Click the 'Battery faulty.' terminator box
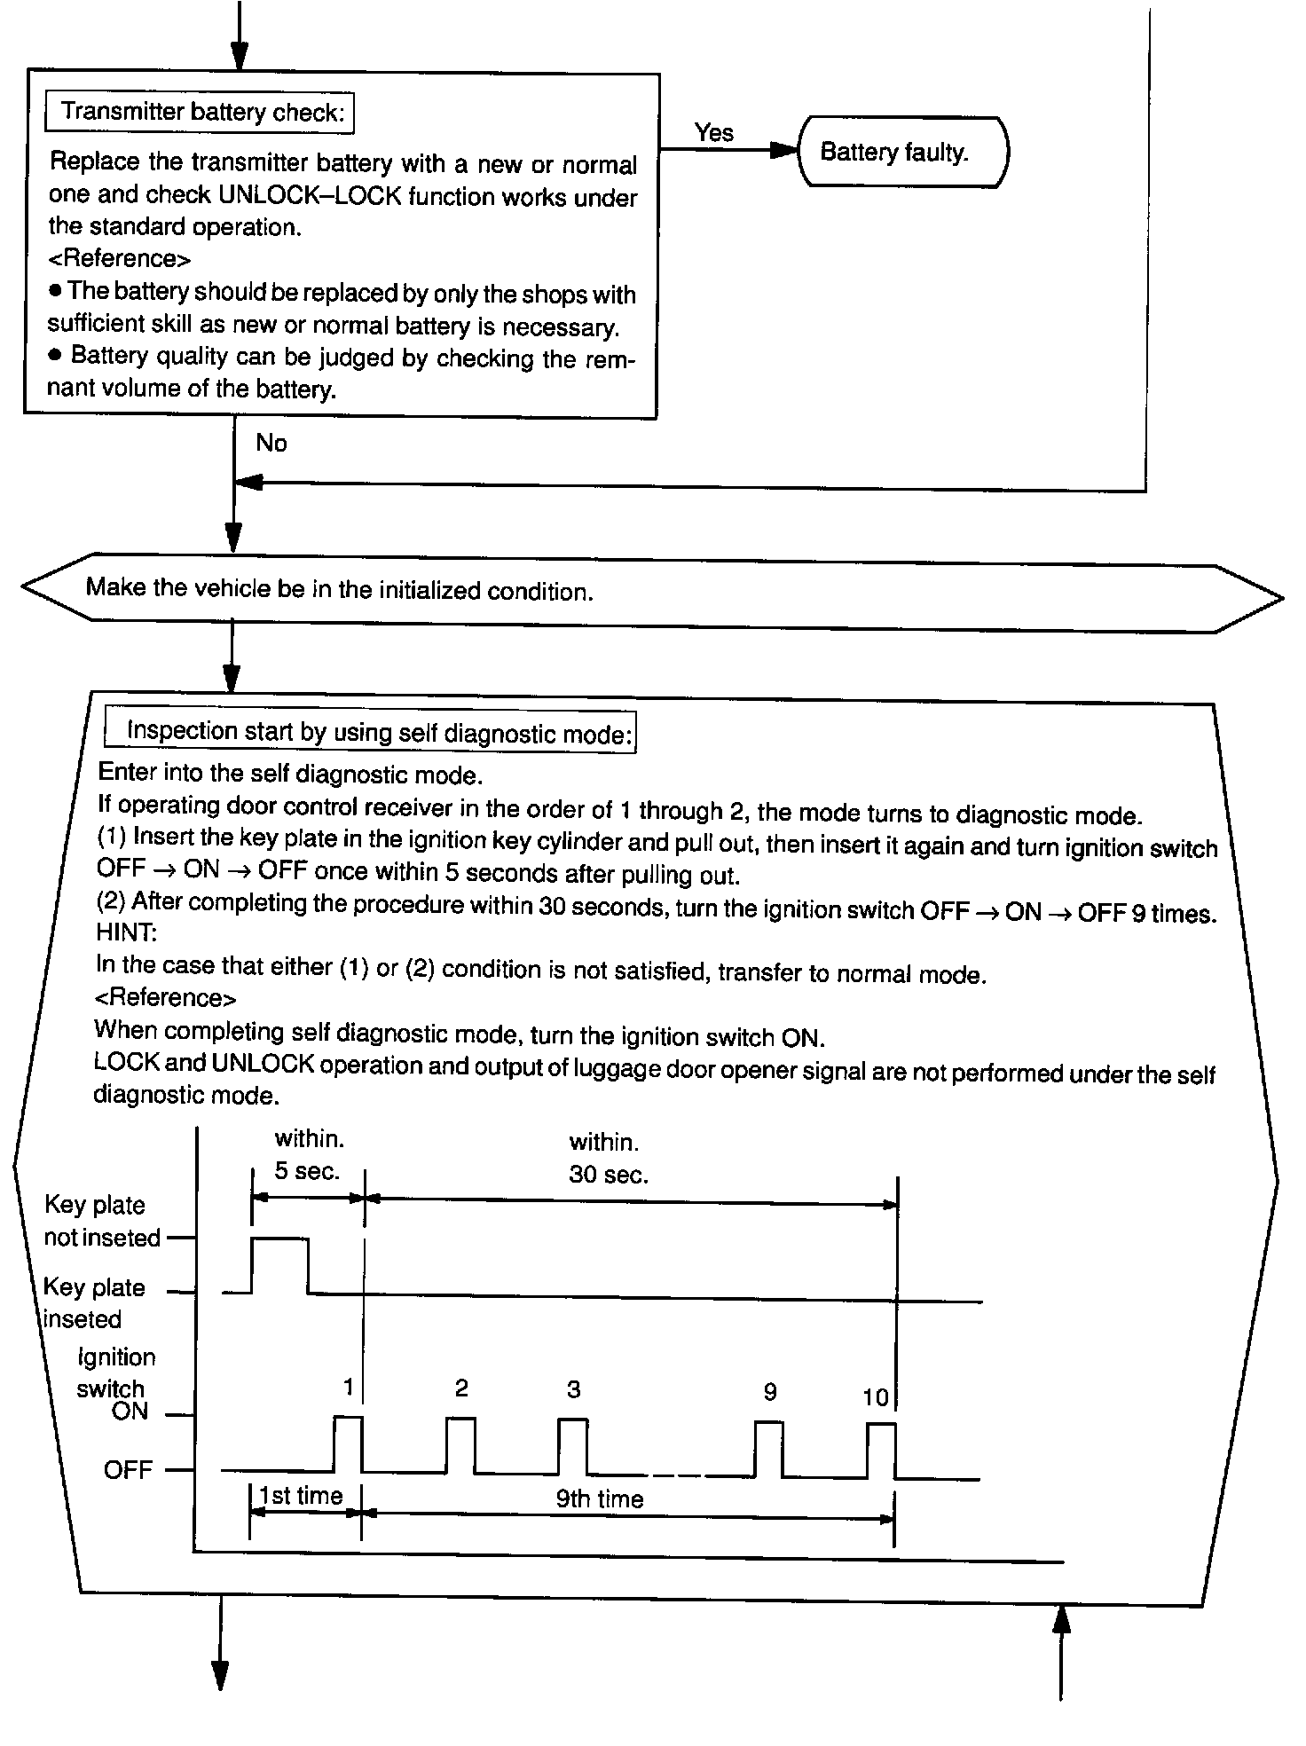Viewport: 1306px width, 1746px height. coord(903,153)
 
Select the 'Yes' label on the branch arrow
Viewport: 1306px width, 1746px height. coord(714,133)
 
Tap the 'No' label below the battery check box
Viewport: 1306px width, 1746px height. coord(271,443)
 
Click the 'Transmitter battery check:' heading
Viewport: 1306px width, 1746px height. coord(201,113)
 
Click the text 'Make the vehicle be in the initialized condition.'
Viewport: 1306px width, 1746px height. coord(339,589)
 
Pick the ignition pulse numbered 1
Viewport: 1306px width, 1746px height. coord(348,1443)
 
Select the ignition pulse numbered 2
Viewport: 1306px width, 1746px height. coord(460,1443)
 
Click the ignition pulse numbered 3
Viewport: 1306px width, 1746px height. coord(572,1444)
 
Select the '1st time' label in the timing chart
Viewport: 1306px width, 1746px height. coord(301,1496)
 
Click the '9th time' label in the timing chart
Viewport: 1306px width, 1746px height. coord(599,1498)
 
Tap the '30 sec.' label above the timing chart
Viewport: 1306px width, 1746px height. coord(609,1176)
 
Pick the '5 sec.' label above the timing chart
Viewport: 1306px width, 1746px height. coord(307,1171)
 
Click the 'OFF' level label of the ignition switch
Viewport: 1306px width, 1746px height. coord(128,1470)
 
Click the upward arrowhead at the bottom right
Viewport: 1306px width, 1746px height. coord(1061,1619)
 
